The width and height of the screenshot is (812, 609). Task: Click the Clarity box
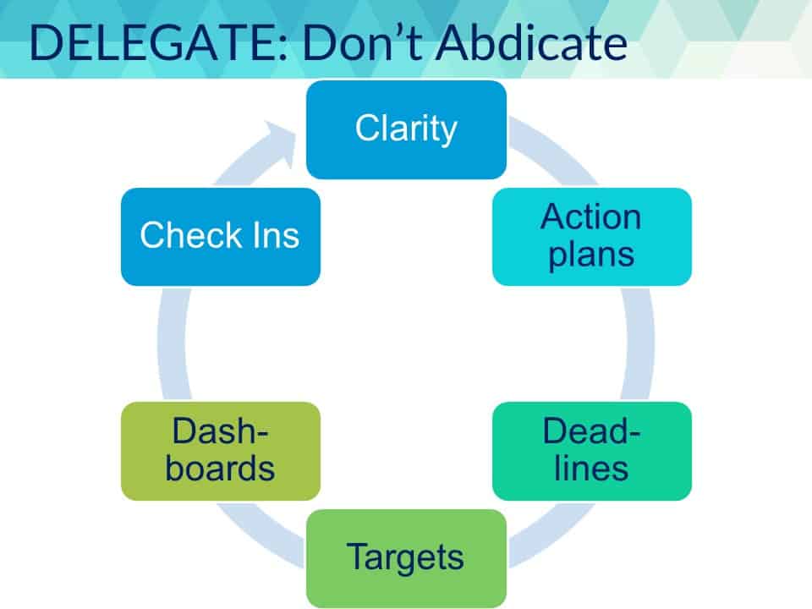pos(406,129)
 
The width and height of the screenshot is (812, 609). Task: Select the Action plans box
pos(592,237)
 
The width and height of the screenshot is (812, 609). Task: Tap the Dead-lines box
pos(592,451)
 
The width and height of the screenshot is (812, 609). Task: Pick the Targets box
pos(406,558)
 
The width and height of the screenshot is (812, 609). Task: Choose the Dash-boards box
pos(221,451)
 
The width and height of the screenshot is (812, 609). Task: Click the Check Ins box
pos(221,237)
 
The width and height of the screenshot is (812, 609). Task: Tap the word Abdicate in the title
pos(532,42)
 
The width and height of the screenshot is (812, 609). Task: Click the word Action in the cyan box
pos(591,217)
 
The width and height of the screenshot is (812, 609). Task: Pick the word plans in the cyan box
pos(591,255)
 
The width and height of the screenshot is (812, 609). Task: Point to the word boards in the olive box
pos(220,468)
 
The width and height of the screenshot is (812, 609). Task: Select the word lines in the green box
pos(591,468)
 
